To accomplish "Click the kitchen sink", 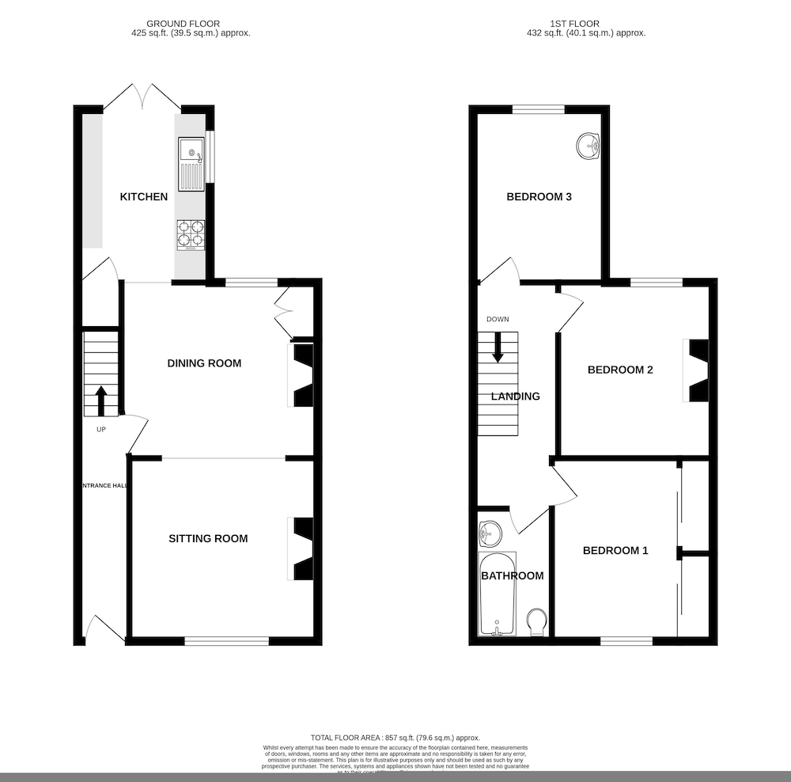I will [191, 164].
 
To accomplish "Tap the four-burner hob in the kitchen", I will [190, 234].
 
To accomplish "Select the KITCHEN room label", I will [143, 196].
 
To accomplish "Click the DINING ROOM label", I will [204, 363].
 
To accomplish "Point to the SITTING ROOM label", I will [208, 538].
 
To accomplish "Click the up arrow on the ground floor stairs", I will [101, 400].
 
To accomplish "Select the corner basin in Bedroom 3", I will [589, 146].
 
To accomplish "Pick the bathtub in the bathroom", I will [498, 594].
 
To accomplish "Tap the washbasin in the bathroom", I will [490, 533].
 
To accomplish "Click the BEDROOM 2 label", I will [619, 370].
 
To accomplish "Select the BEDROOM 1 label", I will [615, 550].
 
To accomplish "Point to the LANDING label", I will [515, 396].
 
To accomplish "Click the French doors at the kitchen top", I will [142, 99].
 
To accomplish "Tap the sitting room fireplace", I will [303, 549].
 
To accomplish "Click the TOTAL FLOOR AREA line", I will [395, 737].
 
